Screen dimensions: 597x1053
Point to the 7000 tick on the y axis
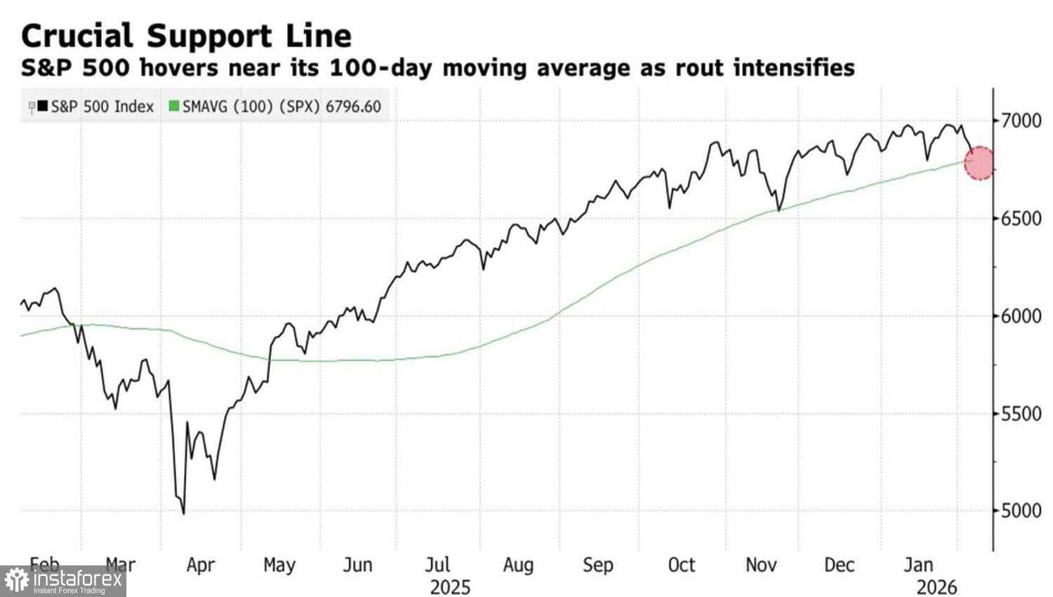point(1021,121)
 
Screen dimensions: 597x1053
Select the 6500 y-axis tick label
point(1021,218)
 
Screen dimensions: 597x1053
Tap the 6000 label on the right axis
point(1021,316)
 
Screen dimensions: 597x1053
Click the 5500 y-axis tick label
point(1021,414)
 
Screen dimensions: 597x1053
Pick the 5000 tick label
point(1021,511)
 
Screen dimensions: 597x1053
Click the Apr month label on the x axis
point(200,565)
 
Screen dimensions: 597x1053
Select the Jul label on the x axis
point(437,565)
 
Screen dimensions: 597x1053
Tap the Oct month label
point(681,565)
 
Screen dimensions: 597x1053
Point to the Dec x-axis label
point(839,565)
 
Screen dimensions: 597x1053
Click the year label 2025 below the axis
point(450,586)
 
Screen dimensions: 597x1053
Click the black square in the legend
point(43,107)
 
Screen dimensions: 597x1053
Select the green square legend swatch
point(174,107)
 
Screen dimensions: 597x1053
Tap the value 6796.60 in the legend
point(353,107)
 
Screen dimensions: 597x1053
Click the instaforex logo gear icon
point(16,581)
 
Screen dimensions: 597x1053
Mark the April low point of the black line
point(184,513)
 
